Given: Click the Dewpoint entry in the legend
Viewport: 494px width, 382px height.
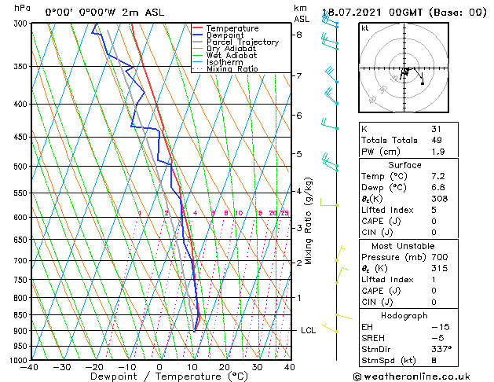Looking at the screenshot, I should (x=225, y=35).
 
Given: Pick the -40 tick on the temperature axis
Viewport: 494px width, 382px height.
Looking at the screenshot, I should (x=30, y=367).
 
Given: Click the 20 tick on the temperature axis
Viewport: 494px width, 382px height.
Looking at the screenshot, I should (x=224, y=367).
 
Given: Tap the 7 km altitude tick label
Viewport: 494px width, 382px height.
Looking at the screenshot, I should (x=299, y=75).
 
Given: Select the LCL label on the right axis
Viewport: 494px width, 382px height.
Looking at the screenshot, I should (x=309, y=330).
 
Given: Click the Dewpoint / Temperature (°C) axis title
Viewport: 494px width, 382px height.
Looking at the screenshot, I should (x=159, y=377).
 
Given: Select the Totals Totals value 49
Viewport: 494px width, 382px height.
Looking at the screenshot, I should (x=436, y=141).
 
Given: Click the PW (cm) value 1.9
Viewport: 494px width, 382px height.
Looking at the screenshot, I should (x=436, y=152).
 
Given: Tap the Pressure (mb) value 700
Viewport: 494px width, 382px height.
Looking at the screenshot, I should (x=438, y=256).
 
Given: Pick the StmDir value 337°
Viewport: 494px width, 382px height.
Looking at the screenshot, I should (x=441, y=350).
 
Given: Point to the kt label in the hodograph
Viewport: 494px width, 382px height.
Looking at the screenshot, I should (x=365, y=28).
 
